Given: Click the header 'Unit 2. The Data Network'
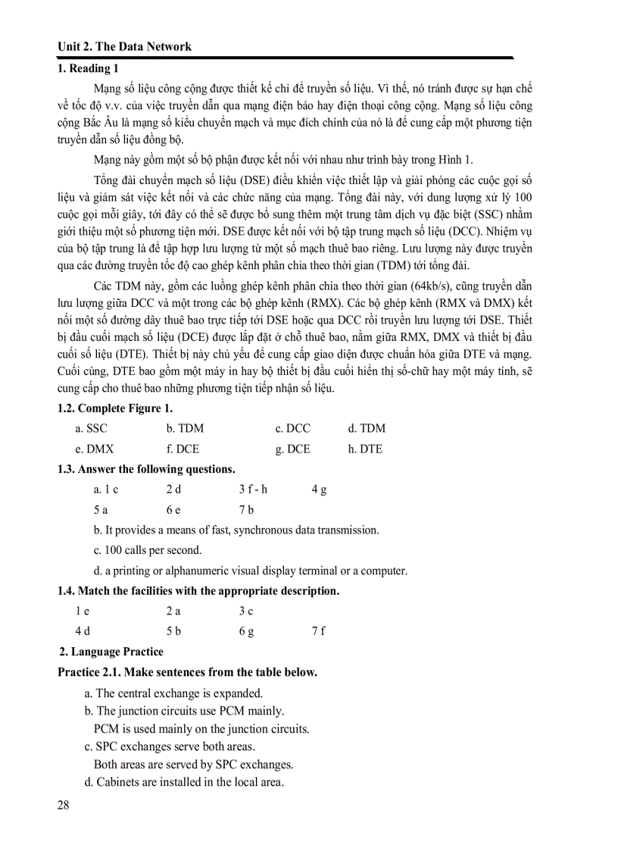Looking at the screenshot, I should tap(124, 46).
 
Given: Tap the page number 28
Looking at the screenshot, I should tap(63, 805).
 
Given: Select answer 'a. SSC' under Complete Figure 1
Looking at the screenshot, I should tap(91, 429).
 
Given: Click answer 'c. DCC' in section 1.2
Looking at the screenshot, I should tap(292, 429).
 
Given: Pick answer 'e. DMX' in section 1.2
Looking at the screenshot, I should tap(94, 449).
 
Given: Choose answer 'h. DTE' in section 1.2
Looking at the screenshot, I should tap(365, 449).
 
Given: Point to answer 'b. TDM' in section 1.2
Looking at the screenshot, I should tap(185, 429).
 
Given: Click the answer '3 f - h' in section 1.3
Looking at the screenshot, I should tap(253, 490).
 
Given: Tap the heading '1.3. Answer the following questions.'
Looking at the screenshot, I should tap(146, 469).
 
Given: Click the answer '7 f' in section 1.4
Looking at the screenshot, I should tap(318, 630).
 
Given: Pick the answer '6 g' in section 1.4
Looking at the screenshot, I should tap(246, 630).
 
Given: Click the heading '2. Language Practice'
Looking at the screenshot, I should tap(111, 651).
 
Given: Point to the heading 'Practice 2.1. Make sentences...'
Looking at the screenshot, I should tap(187, 672).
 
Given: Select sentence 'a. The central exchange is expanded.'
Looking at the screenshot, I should tap(173, 693).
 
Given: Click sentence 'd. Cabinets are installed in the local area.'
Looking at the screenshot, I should tap(184, 781).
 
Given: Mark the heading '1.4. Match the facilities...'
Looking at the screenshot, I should tap(198, 590).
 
